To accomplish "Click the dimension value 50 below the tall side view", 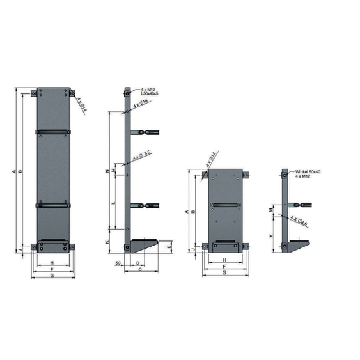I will coord(119,263).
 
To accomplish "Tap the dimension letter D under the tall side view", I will coord(139,263).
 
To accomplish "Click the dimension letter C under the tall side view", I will coord(140,270).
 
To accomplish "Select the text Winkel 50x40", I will coord(308,172).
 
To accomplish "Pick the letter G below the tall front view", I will coord(52,275).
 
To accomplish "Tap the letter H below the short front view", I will coord(224,260).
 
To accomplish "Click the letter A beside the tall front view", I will coord(13,171).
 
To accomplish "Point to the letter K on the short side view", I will coord(272,235).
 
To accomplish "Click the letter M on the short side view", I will coord(272,209).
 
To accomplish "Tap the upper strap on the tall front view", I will coord(53,132).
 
